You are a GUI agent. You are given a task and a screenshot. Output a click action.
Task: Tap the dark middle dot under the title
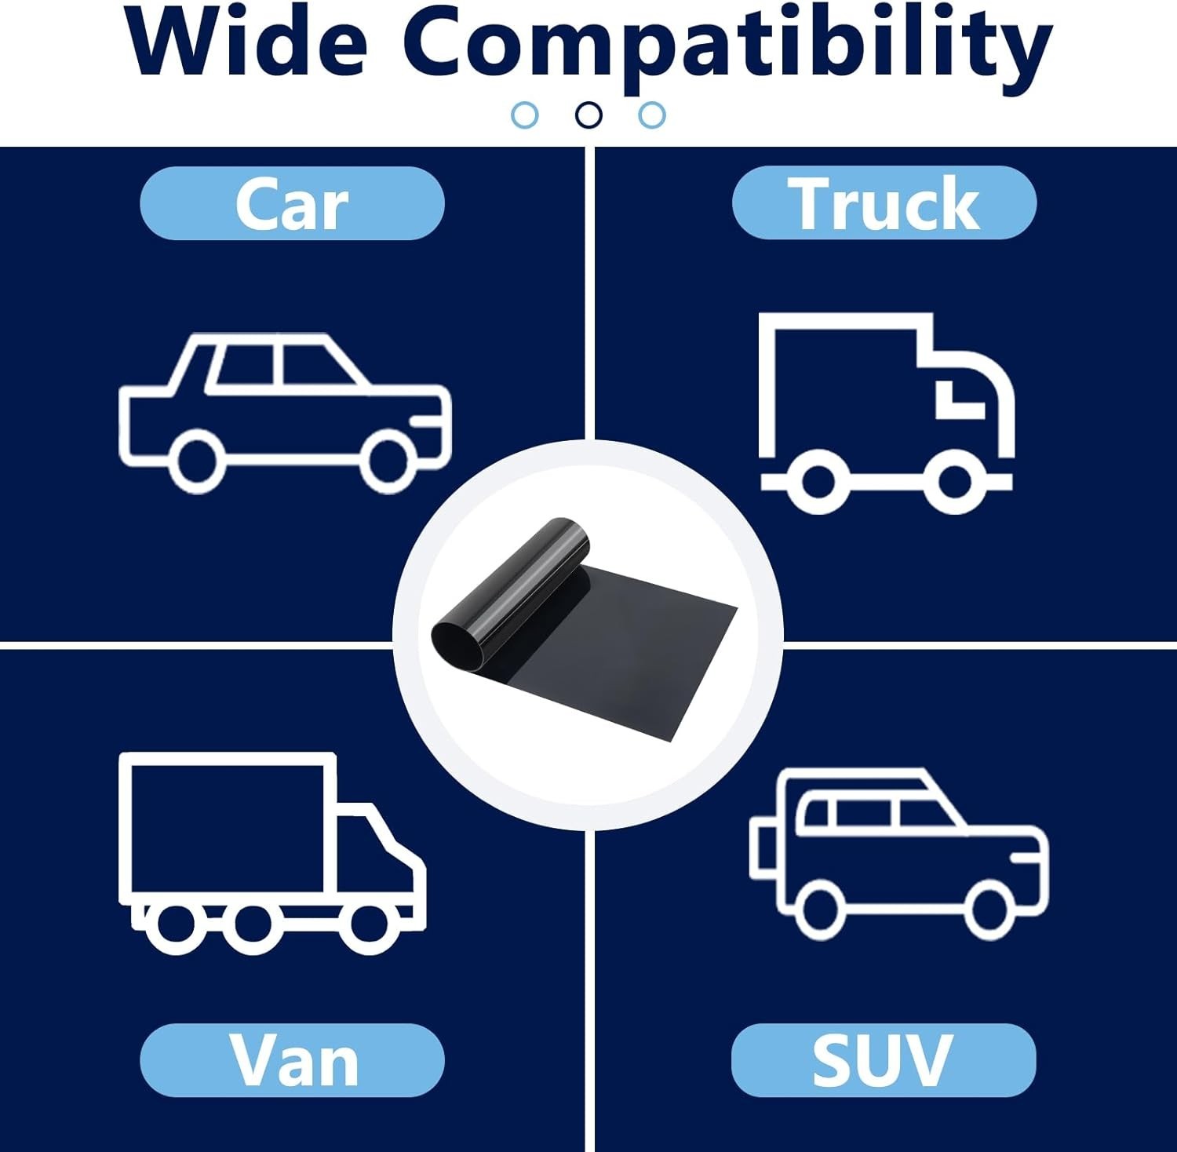pos(588,115)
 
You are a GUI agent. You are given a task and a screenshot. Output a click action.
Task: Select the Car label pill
pos(292,203)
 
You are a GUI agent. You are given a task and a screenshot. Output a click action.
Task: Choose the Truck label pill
pos(884,202)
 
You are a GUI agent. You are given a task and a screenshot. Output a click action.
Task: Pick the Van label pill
pos(292,1060)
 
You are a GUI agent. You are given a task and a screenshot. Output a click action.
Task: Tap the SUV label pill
pos(884,1060)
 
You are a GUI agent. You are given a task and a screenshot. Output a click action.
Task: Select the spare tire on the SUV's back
pos(762,849)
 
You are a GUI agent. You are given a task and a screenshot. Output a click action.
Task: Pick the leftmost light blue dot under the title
pos(524,115)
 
